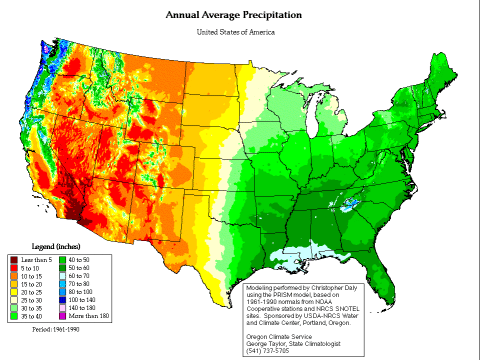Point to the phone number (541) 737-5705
pyautogui.click(x=268, y=350)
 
